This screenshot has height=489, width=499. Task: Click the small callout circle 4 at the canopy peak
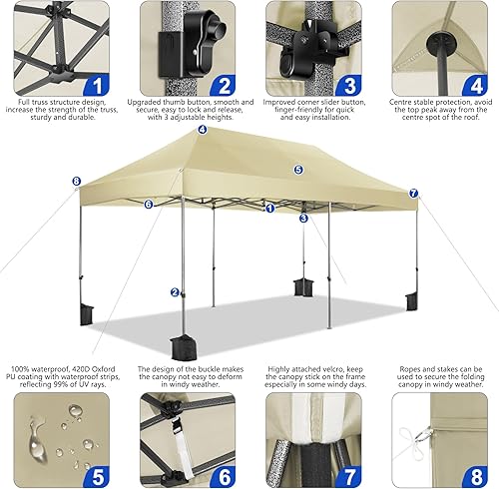(203, 129)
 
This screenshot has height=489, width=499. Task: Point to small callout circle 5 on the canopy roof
(298, 170)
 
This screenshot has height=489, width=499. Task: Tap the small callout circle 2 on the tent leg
(175, 292)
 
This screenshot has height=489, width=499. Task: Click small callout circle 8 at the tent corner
(76, 182)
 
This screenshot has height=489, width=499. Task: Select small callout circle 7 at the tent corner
(414, 192)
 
